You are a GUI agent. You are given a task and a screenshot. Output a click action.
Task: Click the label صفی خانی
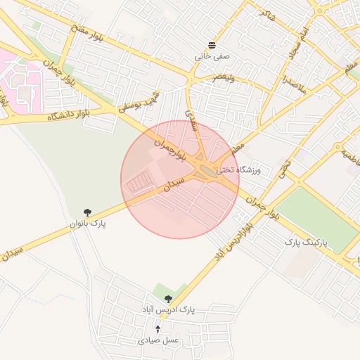[x=212, y=54]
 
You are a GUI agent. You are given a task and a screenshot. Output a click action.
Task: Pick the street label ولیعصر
[x=205, y=77]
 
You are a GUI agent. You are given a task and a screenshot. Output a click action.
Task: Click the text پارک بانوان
[x=87, y=224]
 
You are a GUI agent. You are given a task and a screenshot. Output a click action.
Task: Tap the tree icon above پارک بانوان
[x=87, y=212]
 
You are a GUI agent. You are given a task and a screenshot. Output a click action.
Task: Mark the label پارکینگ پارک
[x=302, y=241]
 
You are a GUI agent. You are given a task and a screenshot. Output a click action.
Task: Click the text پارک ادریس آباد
[x=168, y=309]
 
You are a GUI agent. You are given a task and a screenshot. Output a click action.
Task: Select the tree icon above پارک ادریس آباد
[x=168, y=299]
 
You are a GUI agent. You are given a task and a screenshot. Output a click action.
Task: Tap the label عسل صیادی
[x=158, y=340]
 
